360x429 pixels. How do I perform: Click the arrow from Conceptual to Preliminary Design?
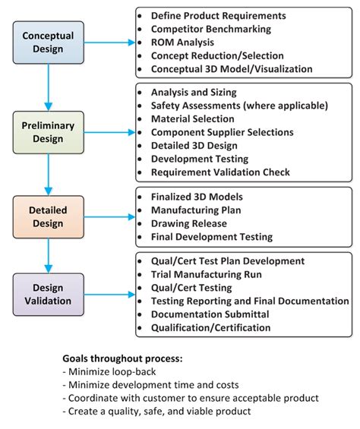click(47, 87)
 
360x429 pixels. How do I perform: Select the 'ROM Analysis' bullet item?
click(182, 43)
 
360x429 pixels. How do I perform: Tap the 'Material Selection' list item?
click(193, 118)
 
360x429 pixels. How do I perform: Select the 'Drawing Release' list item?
click(188, 223)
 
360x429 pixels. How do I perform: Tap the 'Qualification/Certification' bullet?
click(211, 328)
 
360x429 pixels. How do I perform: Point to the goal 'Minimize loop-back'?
click(112, 371)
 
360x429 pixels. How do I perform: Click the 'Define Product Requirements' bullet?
click(219, 15)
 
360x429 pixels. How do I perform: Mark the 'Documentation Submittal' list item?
click(209, 314)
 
